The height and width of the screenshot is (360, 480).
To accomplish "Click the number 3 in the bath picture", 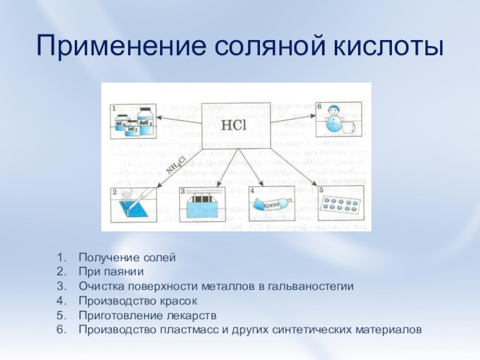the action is tap(183, 191).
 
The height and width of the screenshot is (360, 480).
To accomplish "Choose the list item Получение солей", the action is tap(127, 257).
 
